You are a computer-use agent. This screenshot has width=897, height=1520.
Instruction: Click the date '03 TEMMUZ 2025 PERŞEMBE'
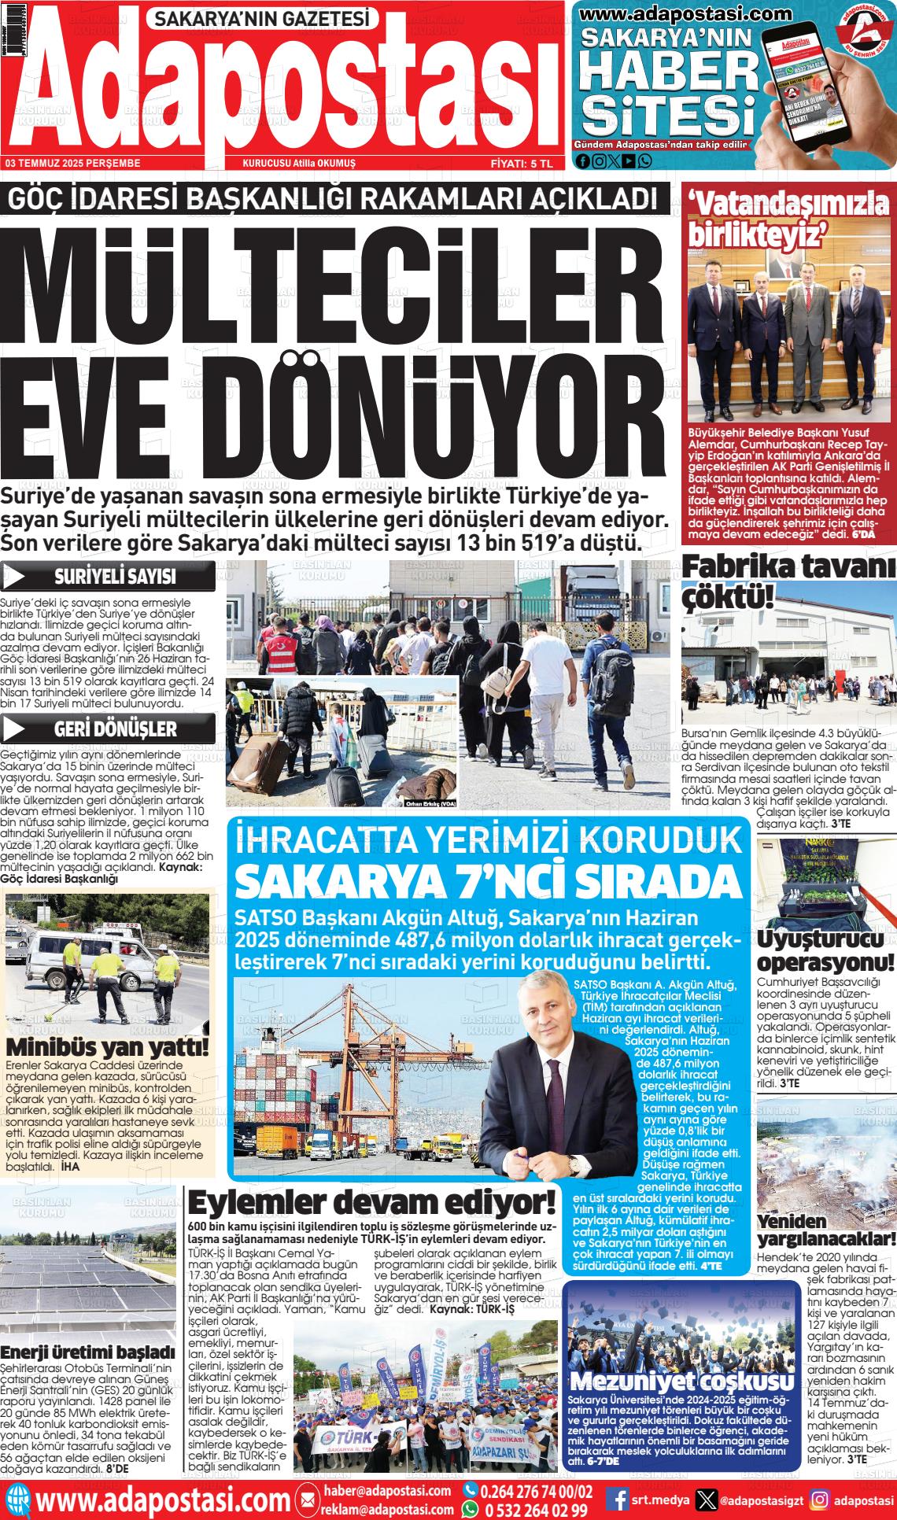[72, 164]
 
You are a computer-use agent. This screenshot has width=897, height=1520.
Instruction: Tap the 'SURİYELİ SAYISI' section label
[114, 577]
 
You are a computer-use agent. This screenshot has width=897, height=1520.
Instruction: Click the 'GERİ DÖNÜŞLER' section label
[115, 729]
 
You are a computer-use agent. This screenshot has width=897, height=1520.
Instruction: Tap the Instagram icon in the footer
[820, 1500]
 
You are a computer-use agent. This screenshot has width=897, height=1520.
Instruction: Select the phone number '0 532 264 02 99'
[534, 1510]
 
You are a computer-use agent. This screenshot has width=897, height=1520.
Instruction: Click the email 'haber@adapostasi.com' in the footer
[386, 1491]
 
